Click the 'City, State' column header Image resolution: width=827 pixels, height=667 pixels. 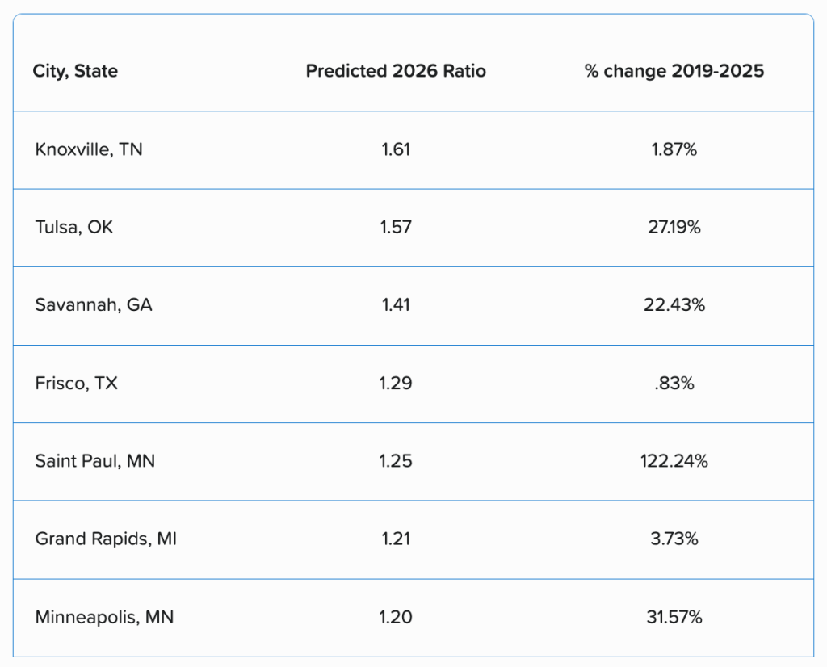coord(75,71)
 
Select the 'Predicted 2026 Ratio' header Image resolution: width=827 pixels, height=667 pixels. coord(396,71)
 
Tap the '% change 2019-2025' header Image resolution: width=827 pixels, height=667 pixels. coord(674,71)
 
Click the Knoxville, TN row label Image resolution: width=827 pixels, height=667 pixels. coord(89,149)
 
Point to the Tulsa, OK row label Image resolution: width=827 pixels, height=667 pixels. coord(74,227)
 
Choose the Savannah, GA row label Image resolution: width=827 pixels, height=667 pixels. coord(94,304)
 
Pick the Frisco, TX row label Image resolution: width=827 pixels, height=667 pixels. coord(77,383)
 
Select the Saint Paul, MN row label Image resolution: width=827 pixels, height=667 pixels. coord(95,461)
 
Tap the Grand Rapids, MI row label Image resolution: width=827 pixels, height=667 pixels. coord(106,539)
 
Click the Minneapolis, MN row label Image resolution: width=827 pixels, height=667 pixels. coord(104,617)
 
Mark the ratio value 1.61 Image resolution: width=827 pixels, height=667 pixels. coord(396,149)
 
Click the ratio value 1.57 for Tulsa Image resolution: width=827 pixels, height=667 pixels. coord(396,227)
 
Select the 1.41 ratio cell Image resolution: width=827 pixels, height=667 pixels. coord(396,304)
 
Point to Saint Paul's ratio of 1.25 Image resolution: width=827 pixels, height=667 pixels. coord(396,461)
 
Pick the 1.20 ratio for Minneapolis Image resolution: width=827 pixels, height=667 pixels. coord(396,617)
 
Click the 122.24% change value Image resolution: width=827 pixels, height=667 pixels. coord(674,461)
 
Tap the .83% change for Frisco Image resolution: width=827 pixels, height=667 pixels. coord(674,383)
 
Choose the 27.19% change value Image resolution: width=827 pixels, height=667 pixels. coord(674,227)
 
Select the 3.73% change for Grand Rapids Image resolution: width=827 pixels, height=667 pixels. coord(674,539)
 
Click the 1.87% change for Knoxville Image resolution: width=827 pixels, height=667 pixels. coord(674,149)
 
